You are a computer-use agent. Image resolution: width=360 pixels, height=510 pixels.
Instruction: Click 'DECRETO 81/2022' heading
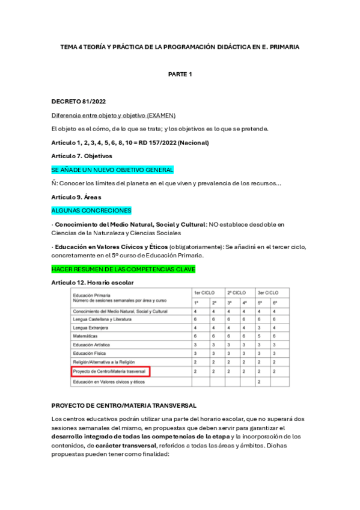[80, 102]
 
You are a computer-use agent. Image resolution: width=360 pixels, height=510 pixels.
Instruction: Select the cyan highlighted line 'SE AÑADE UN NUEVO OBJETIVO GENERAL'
[112, 170]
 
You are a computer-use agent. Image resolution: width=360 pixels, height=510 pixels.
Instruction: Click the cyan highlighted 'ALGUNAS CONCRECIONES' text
[91, 211]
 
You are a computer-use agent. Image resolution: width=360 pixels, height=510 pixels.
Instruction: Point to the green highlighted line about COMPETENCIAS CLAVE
[123, 268]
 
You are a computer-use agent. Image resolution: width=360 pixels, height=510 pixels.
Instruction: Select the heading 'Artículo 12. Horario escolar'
[93, 282]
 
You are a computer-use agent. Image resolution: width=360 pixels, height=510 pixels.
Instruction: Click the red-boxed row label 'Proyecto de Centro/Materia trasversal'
[111, 372]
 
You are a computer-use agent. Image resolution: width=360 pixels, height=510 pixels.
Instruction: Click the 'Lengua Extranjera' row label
[91, 328]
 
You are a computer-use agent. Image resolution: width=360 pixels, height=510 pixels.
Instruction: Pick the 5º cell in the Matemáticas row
[259, 336]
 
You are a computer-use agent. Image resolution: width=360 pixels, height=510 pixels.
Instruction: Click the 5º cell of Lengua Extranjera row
[259, 328]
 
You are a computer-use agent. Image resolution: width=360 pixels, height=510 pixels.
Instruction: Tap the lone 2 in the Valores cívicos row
[259, 382]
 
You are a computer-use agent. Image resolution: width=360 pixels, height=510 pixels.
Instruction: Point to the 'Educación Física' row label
[90, 354]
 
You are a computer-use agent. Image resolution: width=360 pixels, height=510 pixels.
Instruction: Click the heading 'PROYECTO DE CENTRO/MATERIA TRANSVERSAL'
[124, 405]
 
